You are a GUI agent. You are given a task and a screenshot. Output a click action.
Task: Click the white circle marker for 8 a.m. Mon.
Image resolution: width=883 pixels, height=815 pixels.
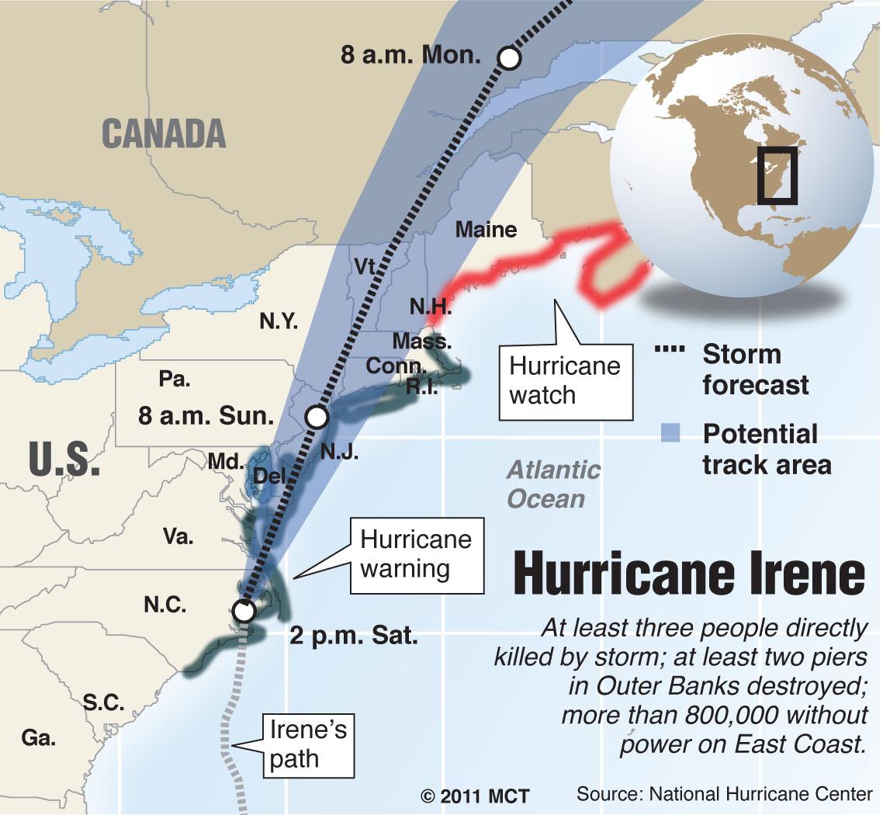pos(509,58)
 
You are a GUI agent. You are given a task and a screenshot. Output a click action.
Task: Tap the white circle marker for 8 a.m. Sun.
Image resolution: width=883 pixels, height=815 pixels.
pos(317,418)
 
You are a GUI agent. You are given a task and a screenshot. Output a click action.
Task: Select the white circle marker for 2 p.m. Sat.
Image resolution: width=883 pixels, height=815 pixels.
pos(244,611)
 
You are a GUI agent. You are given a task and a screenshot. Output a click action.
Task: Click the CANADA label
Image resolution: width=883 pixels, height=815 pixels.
pos(164,134)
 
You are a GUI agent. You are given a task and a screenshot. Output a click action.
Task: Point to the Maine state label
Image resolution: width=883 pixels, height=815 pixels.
pos(486,230)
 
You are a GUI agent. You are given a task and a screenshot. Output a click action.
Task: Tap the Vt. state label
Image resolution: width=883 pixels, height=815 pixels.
pos(365,266)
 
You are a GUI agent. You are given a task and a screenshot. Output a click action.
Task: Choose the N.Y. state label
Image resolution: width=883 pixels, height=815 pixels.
pos(278,321)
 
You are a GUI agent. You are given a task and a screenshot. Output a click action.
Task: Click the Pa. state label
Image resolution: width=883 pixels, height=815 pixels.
pos(175,380)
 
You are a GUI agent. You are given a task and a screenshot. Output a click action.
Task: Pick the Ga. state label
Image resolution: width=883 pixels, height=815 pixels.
pos(39,738)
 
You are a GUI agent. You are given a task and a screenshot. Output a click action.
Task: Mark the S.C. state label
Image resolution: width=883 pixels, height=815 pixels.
pos(104,702)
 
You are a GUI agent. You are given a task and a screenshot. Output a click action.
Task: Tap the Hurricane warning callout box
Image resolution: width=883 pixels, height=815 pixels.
pos(416,555)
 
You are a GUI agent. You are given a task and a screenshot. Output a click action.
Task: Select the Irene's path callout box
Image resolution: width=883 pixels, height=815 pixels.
pos(308,746)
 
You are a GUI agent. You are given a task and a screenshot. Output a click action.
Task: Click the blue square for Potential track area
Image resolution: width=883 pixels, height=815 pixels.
pos(669,433)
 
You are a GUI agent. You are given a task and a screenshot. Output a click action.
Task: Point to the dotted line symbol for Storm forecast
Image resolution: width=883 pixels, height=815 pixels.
pos(671,351)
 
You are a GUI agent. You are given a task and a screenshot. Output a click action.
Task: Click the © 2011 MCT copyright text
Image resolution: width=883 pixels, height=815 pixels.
pos(475,796)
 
